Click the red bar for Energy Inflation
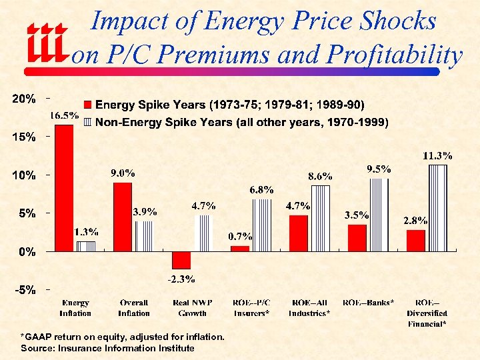[x=65, y=188]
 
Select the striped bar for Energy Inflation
[x=86, y=246]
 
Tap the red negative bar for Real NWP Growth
[x=181, y=260]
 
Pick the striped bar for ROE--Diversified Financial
[x=437, y=207]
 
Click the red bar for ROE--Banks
[x=357, y=238]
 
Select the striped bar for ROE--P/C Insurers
[x=261, y=225]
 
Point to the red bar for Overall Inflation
[x=123, y=217]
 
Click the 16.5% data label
[x=64, y=116]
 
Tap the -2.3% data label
[x=181, y=279]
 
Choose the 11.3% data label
[x=437, y=156]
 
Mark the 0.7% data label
[x=239, y=237]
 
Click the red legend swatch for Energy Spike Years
[x=87, y=105]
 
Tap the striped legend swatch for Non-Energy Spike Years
[x=87, y=122]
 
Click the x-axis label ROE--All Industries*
[x=309, y=308]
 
